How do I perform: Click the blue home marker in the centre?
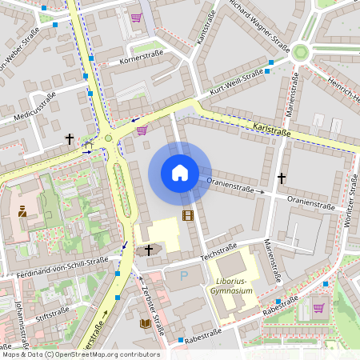pyautogui.click(x=180, y=173)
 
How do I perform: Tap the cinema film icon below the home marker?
pyautogui.click(x=188, y=215)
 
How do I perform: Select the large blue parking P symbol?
pyautogui.click(x=183, y=277)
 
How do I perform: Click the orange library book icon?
pyautogui.click(x=146, y=323)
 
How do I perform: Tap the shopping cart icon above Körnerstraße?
pyautogui.click(x=137, y=18)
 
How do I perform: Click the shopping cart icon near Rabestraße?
pyautogui.click(x=318, y=308)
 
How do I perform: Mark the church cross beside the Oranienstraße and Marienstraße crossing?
pyautogui.click(x=281, y=177)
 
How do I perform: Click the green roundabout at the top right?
pyautogui.click(x=301, y=53)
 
